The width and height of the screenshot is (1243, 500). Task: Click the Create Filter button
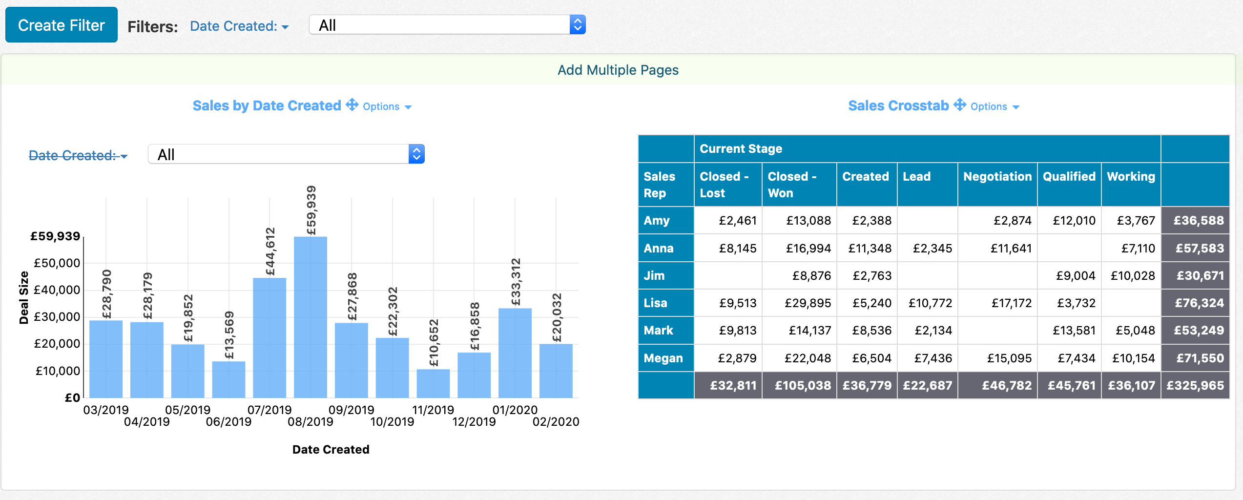tap(62, 25)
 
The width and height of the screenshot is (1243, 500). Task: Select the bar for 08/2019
tap(311, 317)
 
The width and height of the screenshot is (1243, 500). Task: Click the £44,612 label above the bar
tap(270, 251)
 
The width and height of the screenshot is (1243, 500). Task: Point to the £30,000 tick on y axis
tap(57, 317)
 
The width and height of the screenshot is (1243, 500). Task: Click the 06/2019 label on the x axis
tap(228, 422)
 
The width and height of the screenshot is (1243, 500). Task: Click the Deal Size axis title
tap(23, 298)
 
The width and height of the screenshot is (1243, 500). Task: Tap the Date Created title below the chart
tap(331, 450)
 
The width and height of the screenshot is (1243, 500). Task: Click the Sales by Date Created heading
tap(267, 106)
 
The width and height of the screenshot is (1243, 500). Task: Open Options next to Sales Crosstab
tap(994, 106)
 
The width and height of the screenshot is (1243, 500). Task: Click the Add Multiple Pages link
tap(618, 70)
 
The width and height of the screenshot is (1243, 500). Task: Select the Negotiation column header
tap(997, 177)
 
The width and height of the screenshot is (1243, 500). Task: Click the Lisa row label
tap(655, 303)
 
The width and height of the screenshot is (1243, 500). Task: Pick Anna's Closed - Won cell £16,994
tap(808, 249)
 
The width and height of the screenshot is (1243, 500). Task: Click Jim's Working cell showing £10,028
tap(1132, 276)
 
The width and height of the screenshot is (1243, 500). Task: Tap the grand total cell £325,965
tap(1195, 386)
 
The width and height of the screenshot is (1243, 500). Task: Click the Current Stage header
tap(741, 149)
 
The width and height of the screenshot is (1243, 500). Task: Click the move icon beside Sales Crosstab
tap(959, 105)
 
